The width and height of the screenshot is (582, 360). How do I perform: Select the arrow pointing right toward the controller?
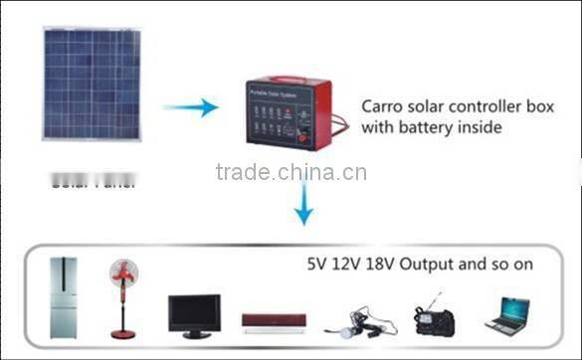191,107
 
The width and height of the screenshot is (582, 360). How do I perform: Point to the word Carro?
382,105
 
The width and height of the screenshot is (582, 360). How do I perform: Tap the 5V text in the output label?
316,267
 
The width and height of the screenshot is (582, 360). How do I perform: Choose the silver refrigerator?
63,298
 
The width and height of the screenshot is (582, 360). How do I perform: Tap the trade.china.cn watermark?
291,173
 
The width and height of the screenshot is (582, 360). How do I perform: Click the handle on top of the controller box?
290,81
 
